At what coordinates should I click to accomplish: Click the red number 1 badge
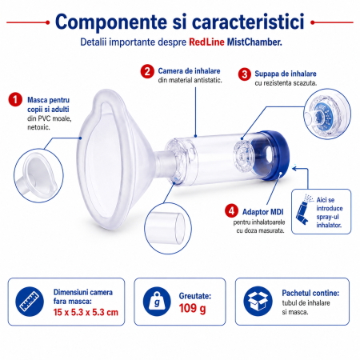(15, 99)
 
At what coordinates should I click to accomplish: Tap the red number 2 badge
(147, 71)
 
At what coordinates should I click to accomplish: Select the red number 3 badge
(245, 74)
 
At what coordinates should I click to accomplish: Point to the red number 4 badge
(231, 211)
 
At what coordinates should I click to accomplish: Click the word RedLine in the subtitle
(206, 42)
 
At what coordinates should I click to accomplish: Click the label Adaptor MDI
(263, 212)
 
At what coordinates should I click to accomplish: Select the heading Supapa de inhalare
(286, 74)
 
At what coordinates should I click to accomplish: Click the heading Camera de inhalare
(189, 71)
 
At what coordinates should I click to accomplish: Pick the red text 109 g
(192, 309)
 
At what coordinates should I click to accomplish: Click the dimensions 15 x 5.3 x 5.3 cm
(86, 312)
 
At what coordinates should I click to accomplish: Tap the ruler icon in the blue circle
(30, 302)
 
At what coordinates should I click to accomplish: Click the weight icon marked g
(157, 302)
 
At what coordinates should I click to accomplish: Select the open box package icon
(258, 302)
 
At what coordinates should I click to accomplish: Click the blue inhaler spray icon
(304, 210)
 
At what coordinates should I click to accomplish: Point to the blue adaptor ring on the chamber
(276, 155)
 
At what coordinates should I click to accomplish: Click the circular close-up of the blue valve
(327, 114)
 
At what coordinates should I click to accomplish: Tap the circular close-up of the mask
(38, 175)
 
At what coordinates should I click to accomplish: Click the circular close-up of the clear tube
(168, 228)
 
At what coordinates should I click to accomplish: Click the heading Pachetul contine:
(310, 293)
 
